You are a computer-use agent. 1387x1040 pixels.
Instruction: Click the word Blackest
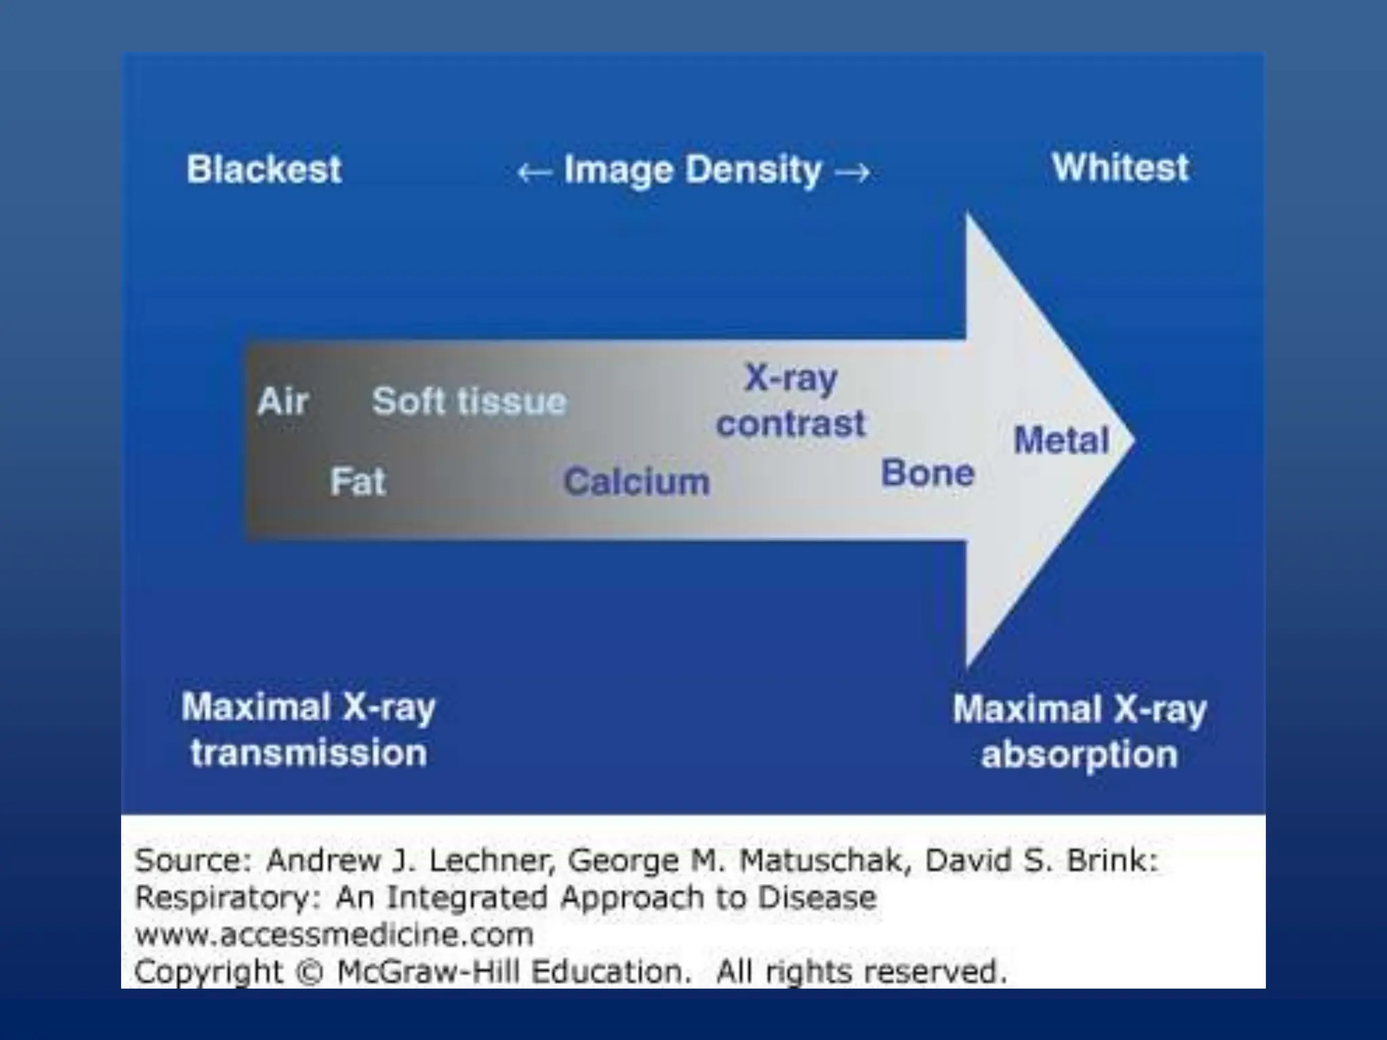pyautogui.click(x=263, y=169)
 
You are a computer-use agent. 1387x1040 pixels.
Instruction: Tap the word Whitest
pyautogui.click(x=1120, y=167)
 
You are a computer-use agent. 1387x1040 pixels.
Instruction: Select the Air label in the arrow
pyautogui.click(x=283, y=401)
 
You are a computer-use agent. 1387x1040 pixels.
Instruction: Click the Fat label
pyautogui.click(x=358, y=482)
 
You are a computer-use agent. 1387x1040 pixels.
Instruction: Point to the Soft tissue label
pyautogui.click(x=469, y=401)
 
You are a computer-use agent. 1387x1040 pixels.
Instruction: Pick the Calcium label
pyautogui.click(x=637, y=482)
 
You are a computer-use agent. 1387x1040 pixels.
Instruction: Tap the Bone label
pyautogui.click(x=927, y=473)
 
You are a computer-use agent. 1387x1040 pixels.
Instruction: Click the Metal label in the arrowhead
pyautogui.click(x=1061, y=440)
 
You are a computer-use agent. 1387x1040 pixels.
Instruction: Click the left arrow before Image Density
pyautogui.click(x=534, y=173)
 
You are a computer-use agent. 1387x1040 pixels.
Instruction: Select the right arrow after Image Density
pyautogui.click(x=853, y=173)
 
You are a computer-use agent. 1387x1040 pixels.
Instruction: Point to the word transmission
pyautogui.click(x=309, y=753)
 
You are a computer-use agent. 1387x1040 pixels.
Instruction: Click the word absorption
pyautogui.click(x=1080, y=754)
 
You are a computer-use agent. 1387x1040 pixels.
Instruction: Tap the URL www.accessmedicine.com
pyautogui.click(x=334, y=935)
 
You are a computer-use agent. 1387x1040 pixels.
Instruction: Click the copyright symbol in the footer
pyautogui.click(x=310, y=972)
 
